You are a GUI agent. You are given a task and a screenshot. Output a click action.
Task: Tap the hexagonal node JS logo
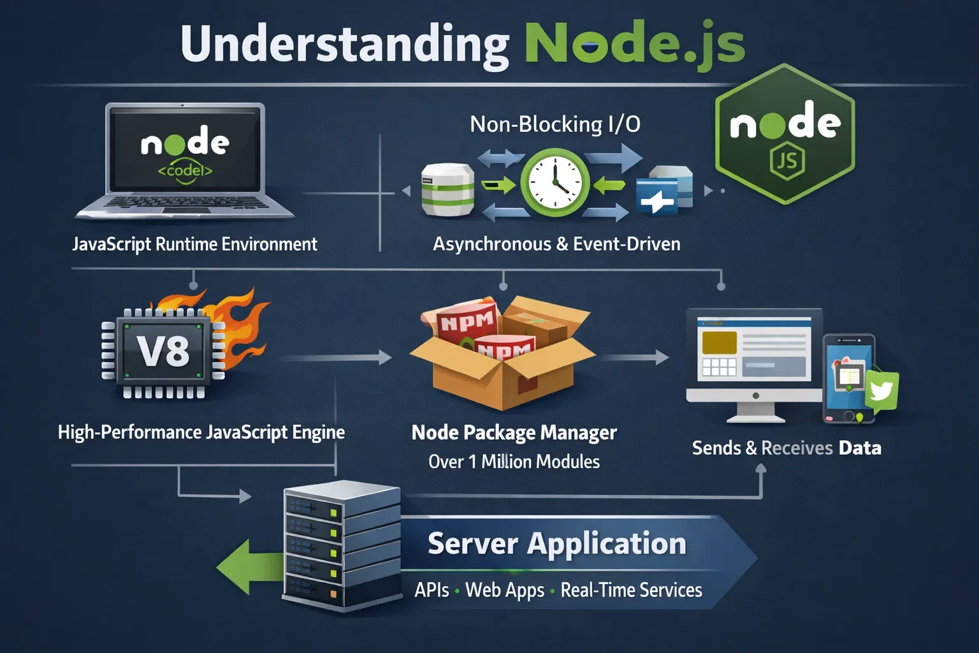pyautogui.click(x=785, y=135)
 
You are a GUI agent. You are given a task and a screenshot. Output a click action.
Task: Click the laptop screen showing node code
pyautogui.click(x=185, y=150)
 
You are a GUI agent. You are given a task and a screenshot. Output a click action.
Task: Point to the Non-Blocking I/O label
pyautogui.click(x=555, y=124)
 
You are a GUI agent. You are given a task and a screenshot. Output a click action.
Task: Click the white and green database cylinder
pyautogui.click(x=447, y=189)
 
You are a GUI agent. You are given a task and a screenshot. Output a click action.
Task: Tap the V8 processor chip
pyautogui.click(x=164, y=351)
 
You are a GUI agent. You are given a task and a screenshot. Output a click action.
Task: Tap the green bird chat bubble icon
pyautogui.click(x=881, y=390)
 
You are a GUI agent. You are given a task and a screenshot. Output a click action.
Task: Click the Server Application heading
pyautogui.click(x=556, y=544)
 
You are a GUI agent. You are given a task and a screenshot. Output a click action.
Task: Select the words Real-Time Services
pyautogui.click(x=631, y=590)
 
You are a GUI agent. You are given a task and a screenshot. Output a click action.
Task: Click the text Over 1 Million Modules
pyautogui.click(x=514, y=462)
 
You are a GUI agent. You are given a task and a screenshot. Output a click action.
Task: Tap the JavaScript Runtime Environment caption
pyautogui.click(x=194, y=244)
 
